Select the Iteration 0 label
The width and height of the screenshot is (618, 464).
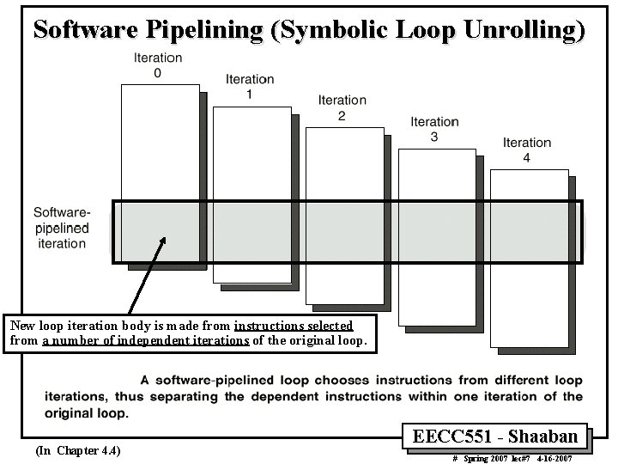tap(157, 65)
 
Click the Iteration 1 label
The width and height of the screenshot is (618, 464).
tap(249, 87)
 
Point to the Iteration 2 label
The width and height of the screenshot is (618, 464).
tap(342, 108)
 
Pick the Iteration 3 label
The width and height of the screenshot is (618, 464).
tap(434, 129)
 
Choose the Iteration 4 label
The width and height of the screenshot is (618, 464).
tap(526, 150)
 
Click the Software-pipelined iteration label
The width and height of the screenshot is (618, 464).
tap(62, 227)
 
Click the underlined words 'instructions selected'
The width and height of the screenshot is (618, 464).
tap(294, 326)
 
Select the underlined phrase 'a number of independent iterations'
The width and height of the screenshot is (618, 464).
tap(146, 340)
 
